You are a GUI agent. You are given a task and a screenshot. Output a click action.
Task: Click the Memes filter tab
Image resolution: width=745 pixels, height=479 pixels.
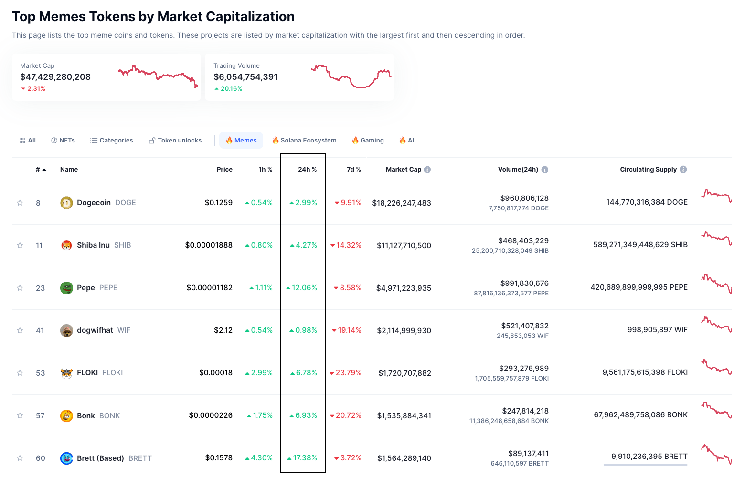[241, 141]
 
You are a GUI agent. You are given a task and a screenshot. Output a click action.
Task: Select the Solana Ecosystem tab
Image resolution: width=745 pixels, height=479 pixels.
[304, 141]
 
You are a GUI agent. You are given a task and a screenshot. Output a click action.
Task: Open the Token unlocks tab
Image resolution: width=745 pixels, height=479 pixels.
[175, 141]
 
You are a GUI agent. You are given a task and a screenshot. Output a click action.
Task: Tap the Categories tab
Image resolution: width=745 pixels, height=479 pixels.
[112, 141]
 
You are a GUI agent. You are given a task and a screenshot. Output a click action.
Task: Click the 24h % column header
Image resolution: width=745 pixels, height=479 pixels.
[307, 170]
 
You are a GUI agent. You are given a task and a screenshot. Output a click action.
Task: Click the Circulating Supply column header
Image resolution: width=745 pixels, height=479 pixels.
[648, 170]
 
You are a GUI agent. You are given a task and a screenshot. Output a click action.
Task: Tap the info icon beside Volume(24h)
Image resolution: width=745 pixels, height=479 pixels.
[545, 170]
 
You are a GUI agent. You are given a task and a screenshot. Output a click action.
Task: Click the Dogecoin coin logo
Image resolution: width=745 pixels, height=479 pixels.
[66, 203]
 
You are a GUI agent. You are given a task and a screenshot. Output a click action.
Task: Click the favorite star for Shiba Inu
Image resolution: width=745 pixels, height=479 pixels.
[20, 245]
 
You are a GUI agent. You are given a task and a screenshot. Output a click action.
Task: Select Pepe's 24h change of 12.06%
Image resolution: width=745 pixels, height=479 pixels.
[304, 288]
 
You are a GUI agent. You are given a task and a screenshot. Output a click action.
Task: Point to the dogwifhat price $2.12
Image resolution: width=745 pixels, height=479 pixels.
[223, 330]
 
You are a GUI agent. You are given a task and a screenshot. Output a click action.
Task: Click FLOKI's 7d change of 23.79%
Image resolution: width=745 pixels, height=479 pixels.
[348, 373]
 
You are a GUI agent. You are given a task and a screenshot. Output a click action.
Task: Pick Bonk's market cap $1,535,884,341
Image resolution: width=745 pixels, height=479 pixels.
[404, 416]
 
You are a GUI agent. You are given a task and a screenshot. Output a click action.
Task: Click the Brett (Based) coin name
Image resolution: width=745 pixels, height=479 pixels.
[100, 458]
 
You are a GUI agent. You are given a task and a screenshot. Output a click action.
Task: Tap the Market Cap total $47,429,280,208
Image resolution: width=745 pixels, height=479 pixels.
[55, 77]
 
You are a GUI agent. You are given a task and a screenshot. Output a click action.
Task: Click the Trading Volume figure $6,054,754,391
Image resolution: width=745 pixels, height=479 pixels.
[245, 77]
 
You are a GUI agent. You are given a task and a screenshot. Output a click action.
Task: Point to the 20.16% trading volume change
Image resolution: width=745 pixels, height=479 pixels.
[231, 89]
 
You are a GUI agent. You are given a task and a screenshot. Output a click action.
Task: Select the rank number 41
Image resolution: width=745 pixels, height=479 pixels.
[40, 331]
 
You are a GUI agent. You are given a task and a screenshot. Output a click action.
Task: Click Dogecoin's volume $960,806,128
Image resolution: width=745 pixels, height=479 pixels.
[524, 198]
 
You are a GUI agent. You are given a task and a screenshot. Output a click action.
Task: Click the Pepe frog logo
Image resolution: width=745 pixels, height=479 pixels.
[66, 288]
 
